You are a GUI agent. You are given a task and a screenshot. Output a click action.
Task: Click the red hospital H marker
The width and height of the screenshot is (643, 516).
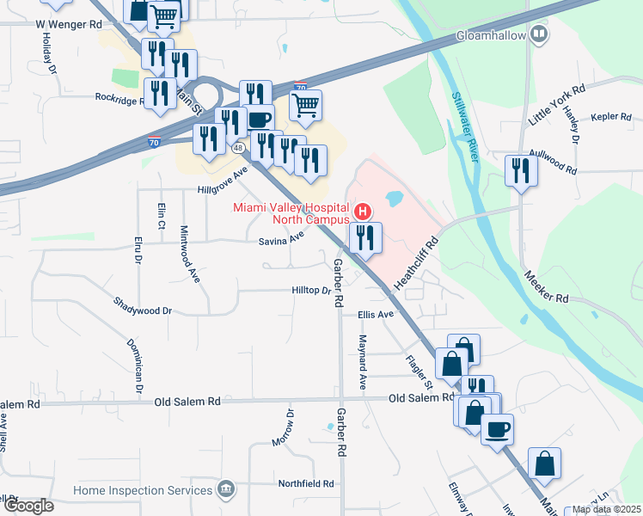coord(364,211)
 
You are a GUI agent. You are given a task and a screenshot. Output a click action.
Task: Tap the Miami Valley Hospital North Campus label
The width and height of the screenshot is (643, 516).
coord(292,214)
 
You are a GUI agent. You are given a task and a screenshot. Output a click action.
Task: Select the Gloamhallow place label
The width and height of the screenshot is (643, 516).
coord(491,35)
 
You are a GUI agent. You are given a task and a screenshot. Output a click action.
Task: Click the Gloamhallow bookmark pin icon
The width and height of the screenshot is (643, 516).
coord(539,35)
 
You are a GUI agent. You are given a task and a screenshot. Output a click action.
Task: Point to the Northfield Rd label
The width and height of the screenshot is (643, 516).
coord(305,484)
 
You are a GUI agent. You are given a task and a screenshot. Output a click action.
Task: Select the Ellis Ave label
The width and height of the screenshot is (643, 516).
coord(376,315)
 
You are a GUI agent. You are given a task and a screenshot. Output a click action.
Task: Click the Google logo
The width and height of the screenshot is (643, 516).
coord(28,506)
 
